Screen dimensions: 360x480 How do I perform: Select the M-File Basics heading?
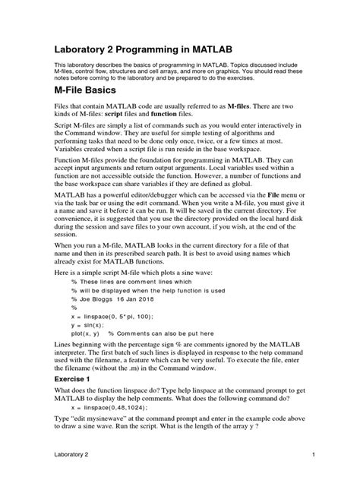point(92,112)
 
